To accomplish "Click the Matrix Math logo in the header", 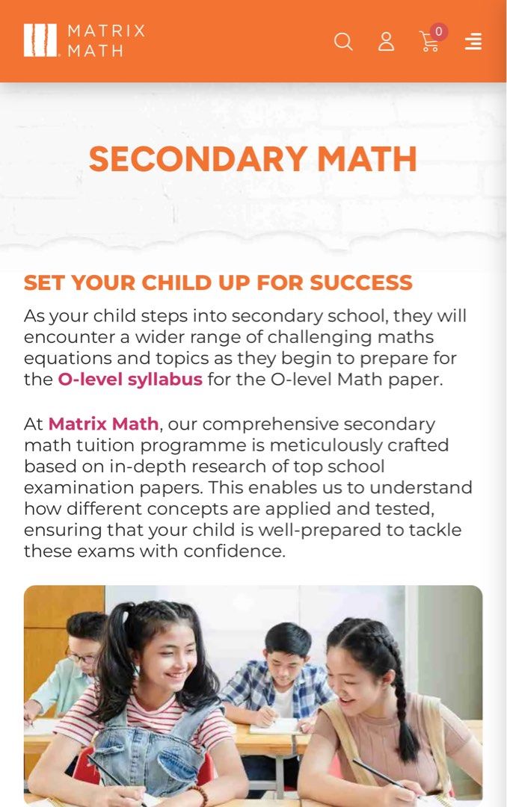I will [84, 40].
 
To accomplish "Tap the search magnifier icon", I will [343, 41].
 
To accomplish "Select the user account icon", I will [386, 41].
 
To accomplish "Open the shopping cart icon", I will [428, 43].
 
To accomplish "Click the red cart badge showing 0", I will [439, 32].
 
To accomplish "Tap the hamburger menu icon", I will [473, 41].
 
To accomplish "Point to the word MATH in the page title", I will [366, 159].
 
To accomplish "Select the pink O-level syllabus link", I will [130, 379].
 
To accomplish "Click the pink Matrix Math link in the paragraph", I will [103, 424].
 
